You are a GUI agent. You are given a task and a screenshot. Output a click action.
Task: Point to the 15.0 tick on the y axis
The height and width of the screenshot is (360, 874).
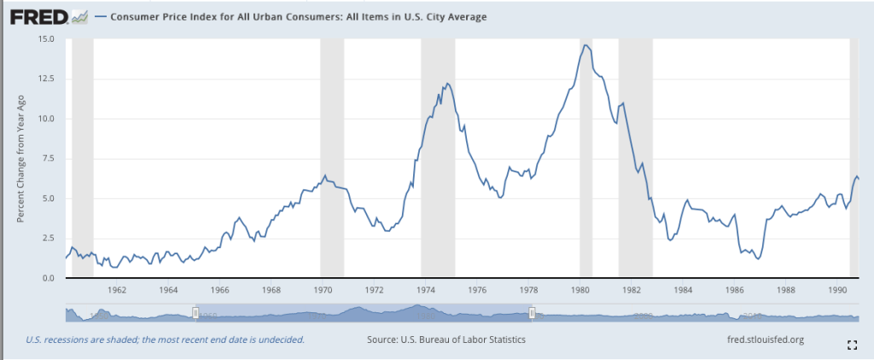(x=45, y=39)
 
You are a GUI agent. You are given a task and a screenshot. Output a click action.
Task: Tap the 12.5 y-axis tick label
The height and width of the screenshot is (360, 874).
(x=45, y=78)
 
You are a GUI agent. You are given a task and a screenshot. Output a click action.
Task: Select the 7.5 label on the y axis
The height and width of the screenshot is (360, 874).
(x=48, y=159)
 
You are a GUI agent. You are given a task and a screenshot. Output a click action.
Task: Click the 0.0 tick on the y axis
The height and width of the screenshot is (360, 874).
(x=48, y=278)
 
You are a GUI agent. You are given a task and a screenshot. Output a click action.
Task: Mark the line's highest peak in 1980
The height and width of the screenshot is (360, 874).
(x=585, y=44)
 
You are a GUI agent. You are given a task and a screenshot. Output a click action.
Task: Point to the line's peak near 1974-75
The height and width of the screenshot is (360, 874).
(x=447, y=84)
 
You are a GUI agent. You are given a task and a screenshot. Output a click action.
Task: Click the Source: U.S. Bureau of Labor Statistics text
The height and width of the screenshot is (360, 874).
(x=446, y=340)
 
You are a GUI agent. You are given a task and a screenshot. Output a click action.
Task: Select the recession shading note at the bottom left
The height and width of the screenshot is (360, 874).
(x=165, y=340)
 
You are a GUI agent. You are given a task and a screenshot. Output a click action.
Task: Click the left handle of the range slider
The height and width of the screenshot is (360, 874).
(x=195, y=314)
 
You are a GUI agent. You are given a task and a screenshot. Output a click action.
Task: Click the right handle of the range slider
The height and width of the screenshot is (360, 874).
(x=533, y=314)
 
